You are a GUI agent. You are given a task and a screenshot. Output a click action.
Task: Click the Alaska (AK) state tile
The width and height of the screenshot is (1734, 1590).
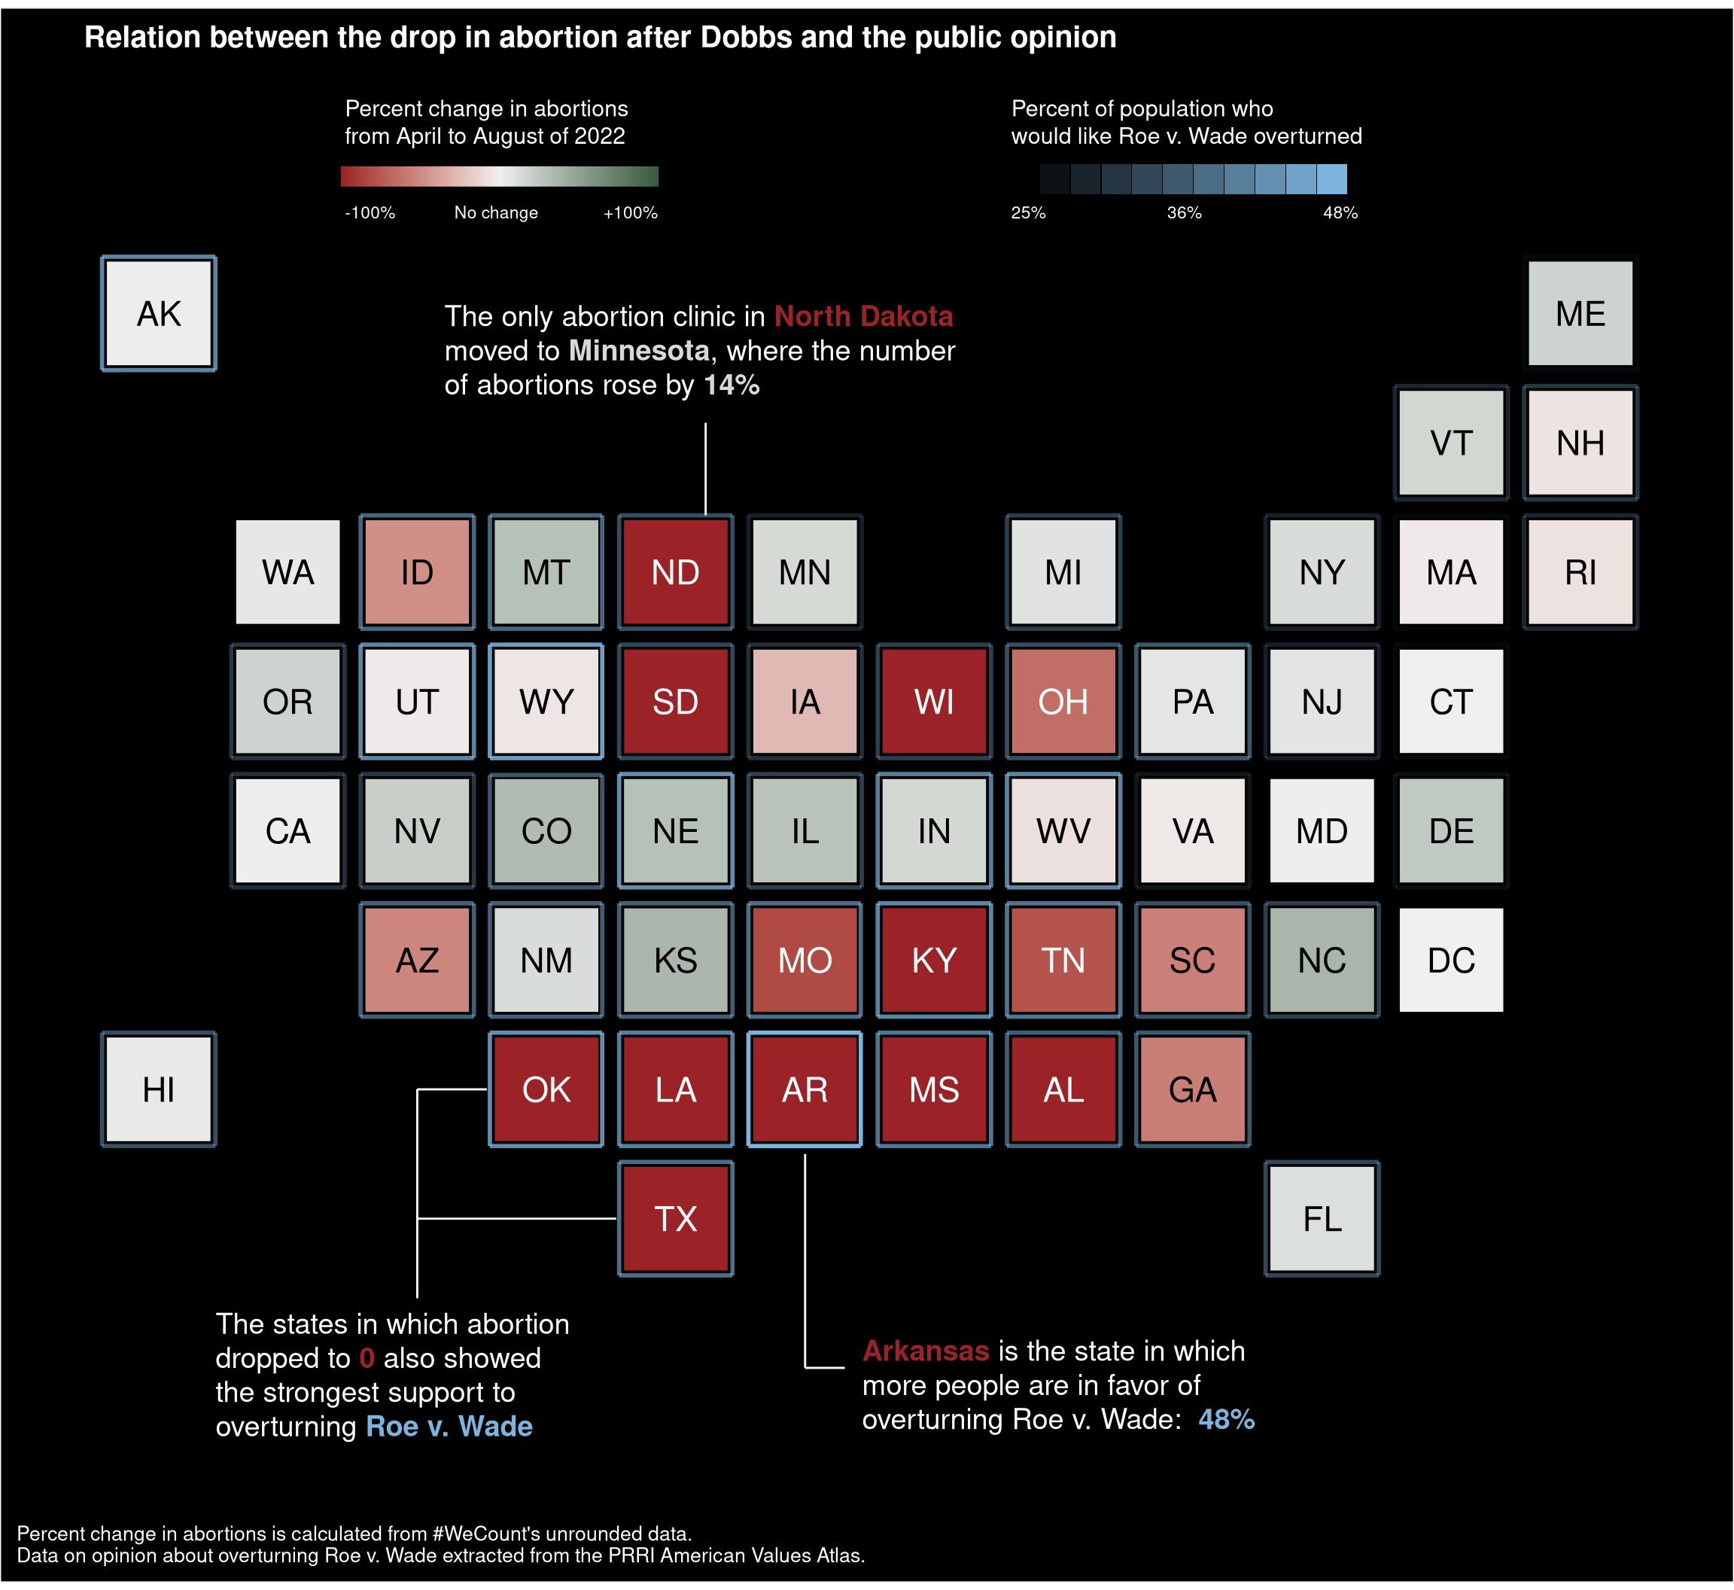click(158, 314)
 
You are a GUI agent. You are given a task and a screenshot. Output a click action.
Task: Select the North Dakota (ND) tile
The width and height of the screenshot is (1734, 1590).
click(675, 572)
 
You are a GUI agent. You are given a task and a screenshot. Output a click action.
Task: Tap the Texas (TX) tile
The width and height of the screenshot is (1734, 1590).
click(675, 1218)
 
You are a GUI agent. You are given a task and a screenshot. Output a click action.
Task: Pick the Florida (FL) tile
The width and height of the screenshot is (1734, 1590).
click(1322, 1218)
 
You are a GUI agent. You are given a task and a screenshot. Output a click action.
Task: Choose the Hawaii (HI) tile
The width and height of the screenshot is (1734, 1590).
click(158, 1089)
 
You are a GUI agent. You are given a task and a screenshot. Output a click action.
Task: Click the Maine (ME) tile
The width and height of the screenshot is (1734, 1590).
click(1580, 314)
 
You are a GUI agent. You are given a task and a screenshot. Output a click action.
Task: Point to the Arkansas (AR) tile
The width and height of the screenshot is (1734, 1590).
click(805, 1089)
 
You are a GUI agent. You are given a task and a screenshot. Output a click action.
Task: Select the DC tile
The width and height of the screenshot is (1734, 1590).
click(1451, 960)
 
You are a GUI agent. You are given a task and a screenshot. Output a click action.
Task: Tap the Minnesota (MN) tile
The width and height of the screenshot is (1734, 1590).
click(805, 572)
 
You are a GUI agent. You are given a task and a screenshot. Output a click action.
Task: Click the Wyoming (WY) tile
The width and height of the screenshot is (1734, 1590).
click(546, 701)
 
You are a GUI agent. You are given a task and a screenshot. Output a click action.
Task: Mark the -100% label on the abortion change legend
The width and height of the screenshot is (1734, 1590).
click(370, 212)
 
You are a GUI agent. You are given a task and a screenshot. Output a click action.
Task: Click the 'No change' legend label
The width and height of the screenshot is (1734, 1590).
click(496, 212)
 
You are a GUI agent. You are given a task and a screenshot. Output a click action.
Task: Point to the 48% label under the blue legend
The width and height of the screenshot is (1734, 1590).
click(1340, 212)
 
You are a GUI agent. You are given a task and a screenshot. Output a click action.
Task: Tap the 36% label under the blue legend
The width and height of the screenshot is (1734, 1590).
click(1184, 212)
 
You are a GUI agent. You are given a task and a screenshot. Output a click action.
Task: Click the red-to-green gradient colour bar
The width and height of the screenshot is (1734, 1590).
click(499, 176)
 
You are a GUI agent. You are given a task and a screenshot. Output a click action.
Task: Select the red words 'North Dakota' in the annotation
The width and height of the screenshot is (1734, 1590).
click(862, 317)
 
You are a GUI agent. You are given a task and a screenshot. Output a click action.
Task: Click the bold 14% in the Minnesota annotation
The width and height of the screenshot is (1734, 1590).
click(731, 385)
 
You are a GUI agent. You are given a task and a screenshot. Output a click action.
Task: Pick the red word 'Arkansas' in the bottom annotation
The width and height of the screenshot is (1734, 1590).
click(926, 1351)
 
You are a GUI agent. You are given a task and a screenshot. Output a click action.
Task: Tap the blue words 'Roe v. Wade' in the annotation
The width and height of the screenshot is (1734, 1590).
click(449, 1427)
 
